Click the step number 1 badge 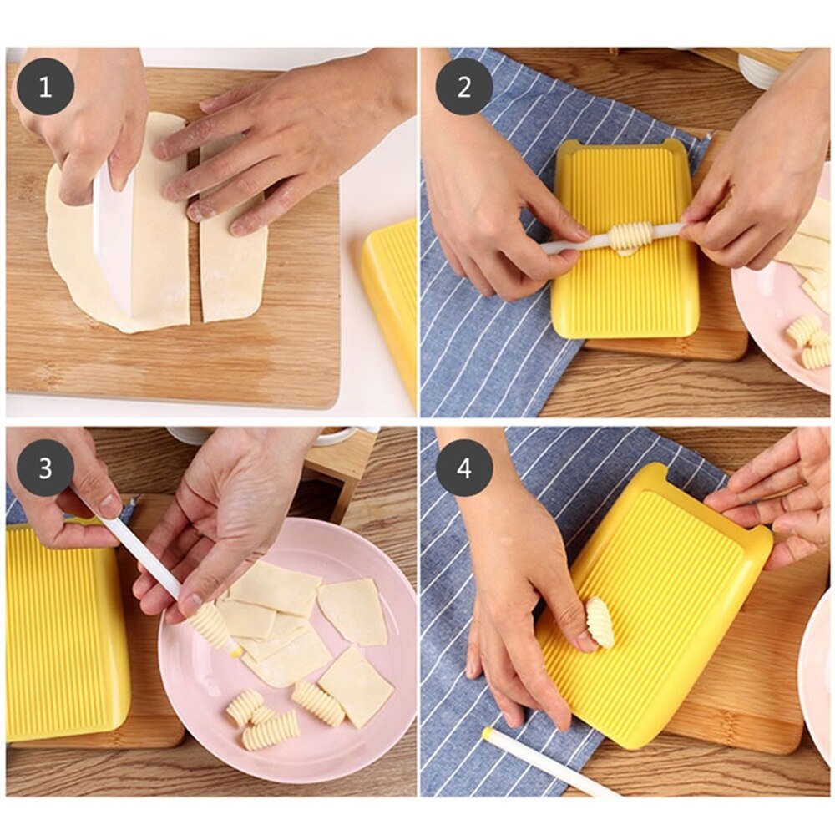coord(45,86)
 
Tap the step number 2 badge coord(463,86)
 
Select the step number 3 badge coord(45,468)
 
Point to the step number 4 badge coord(463,468)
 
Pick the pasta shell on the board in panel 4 coord(600,623)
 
